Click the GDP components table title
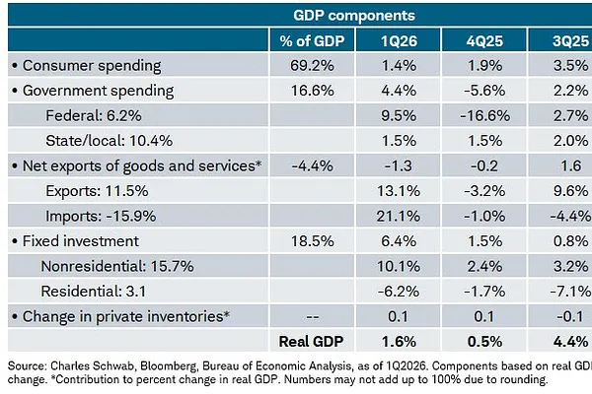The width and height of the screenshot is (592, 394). coord(354,16)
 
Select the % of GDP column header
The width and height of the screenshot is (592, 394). coord(312,40)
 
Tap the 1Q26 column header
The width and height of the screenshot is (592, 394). coord(399,40)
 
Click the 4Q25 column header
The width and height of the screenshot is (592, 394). coord(484,40)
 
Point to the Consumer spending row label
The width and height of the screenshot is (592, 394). coord(92,66)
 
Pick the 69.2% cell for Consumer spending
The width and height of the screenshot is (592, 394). coord(312,66)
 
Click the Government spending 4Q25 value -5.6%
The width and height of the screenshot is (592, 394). coord(484,91)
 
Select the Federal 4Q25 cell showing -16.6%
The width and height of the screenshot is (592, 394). coord(484,115)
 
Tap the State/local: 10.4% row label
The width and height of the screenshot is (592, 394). coord(109,141)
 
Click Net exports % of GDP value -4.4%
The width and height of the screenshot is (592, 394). coord(312,165)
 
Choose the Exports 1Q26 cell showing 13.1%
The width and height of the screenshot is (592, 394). coord(399,191)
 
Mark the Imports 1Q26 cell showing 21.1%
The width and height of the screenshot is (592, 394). coord(399,216)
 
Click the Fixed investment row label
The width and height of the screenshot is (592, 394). coord(81,241)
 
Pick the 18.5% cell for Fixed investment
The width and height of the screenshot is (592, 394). coord(312,241)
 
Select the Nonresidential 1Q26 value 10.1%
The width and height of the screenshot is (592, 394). coord(399,266)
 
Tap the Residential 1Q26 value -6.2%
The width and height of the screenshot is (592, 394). coord(399,292)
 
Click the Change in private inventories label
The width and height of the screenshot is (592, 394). coord(126,317)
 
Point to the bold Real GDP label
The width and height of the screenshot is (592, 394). coord(311,342)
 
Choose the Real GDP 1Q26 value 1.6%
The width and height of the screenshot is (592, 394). coord(399,342)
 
